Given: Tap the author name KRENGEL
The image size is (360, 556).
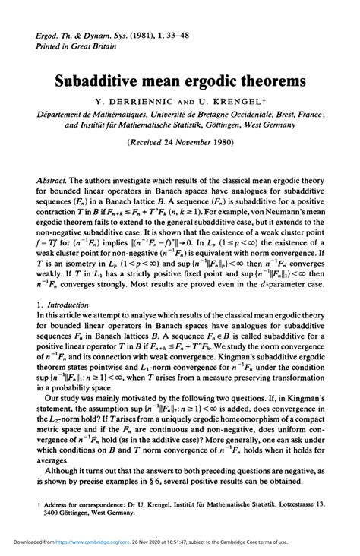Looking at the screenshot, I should (232, 100).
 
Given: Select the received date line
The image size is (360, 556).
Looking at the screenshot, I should (180, 141).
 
